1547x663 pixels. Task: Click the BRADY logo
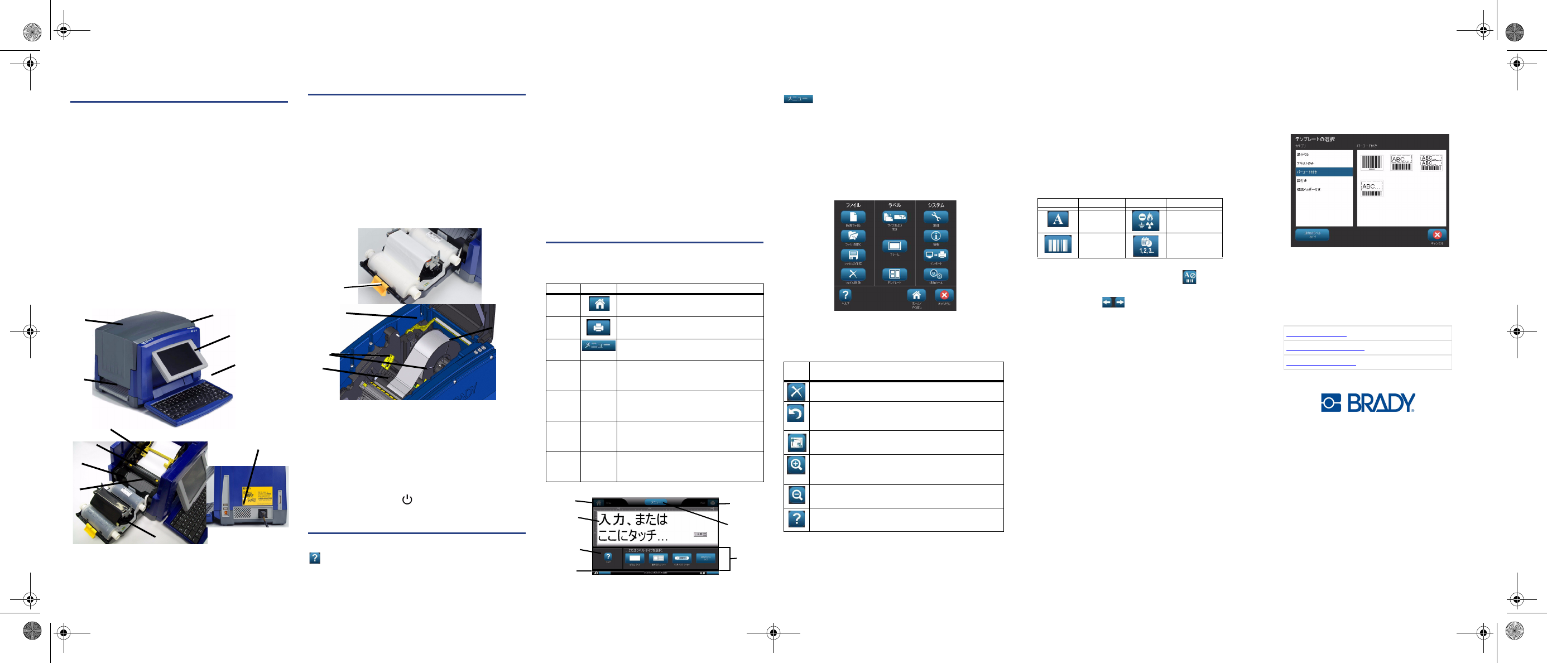pyautogui.click(x=1367, y=402)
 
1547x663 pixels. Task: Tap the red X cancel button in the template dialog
pyautogui.click(x=1436, y=235)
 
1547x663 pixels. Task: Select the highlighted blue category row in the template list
pyautogui.click(x=1324, y=172)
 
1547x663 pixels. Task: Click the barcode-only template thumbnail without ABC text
pyautogui.click(x=1372, y=162)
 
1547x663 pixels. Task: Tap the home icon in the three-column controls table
pyautogui.click(x=599, y=304)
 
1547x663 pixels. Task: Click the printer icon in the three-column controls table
pyautogui.click(x=598, y=327)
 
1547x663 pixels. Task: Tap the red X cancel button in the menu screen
pyautogui.click(x=944, y=295)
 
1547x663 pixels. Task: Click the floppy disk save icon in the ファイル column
pyautogui.click(x=853, y=254)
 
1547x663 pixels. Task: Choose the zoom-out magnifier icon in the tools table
pyautogui.click(x=797, y=495)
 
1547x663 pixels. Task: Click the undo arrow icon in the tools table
pyautogui.click(x=796, y=413)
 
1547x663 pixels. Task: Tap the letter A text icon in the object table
pyautogui.click(x=1058, y=219)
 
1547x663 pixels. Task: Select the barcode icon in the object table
pyautogui.click(x=1058, y=245)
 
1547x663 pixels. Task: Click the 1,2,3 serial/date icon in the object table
pyautogui.click(x=1145, y=246)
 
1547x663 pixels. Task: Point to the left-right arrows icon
pyautogui.click(x=1113, y=302)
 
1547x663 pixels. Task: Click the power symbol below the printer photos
pyautogui.click(x=407, y=499)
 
